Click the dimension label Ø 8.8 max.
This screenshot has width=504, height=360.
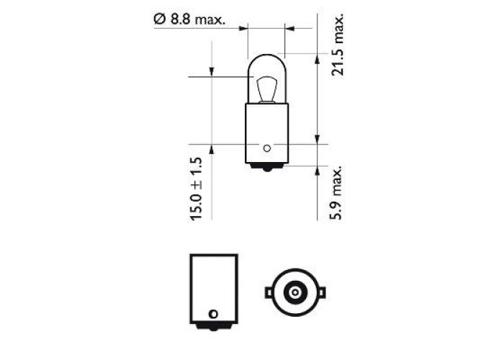click(x=189, y=20)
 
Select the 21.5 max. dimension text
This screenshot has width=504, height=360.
click(x=338, y=45)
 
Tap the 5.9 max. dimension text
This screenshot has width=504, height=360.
click(x=336, y=193)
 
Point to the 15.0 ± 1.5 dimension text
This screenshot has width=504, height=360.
click(x=196, y=189)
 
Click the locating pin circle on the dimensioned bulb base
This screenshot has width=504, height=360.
click(x=267, y=148)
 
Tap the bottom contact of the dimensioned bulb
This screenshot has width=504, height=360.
click(x=267, y=167)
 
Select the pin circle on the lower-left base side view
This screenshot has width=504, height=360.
click(x=213, y=314)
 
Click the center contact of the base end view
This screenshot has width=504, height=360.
click(x=294, y=292)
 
